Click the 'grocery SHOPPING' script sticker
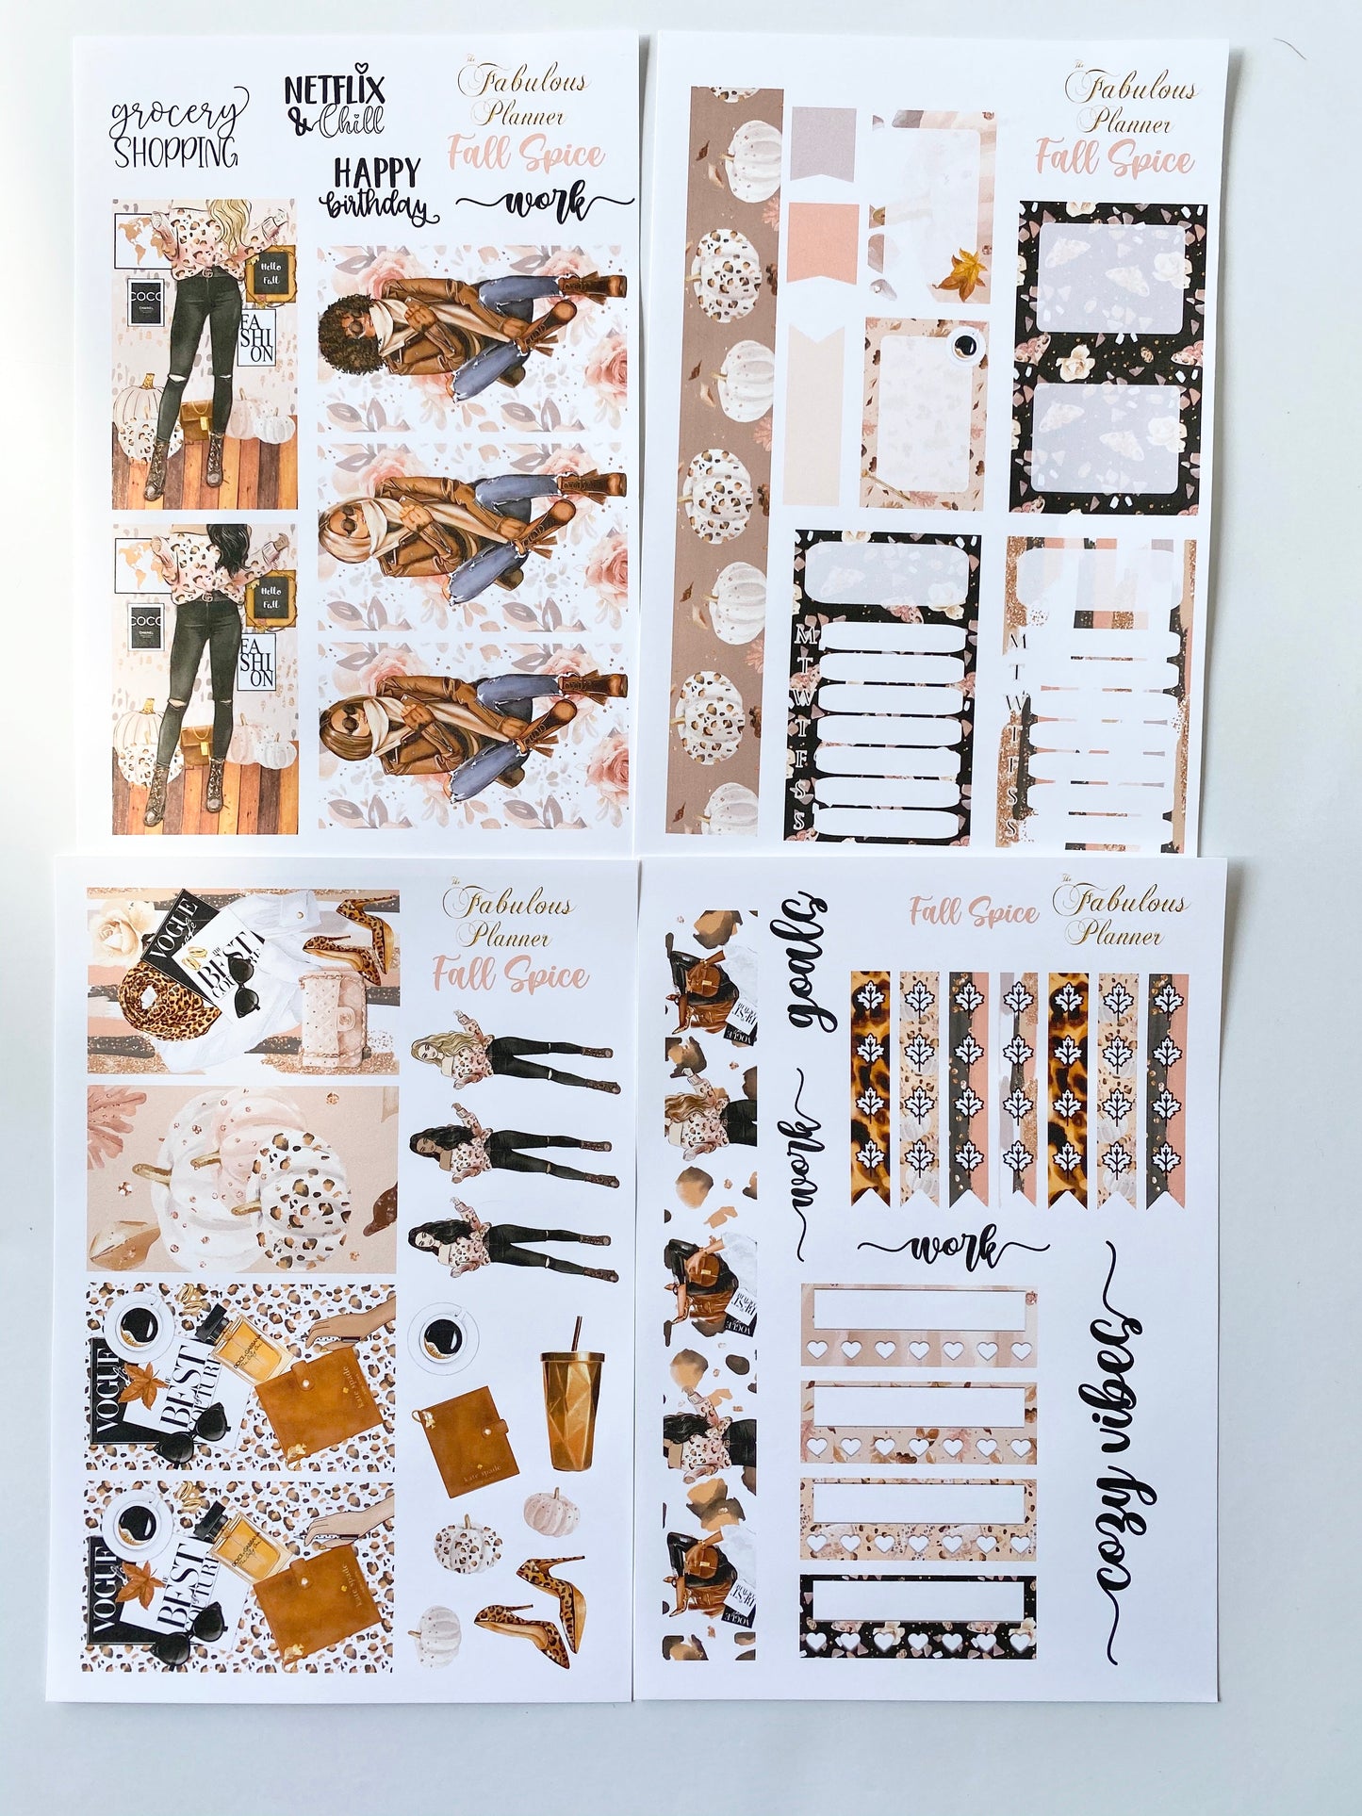[x=176, y=129]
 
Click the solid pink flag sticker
[x=823, y=244]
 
